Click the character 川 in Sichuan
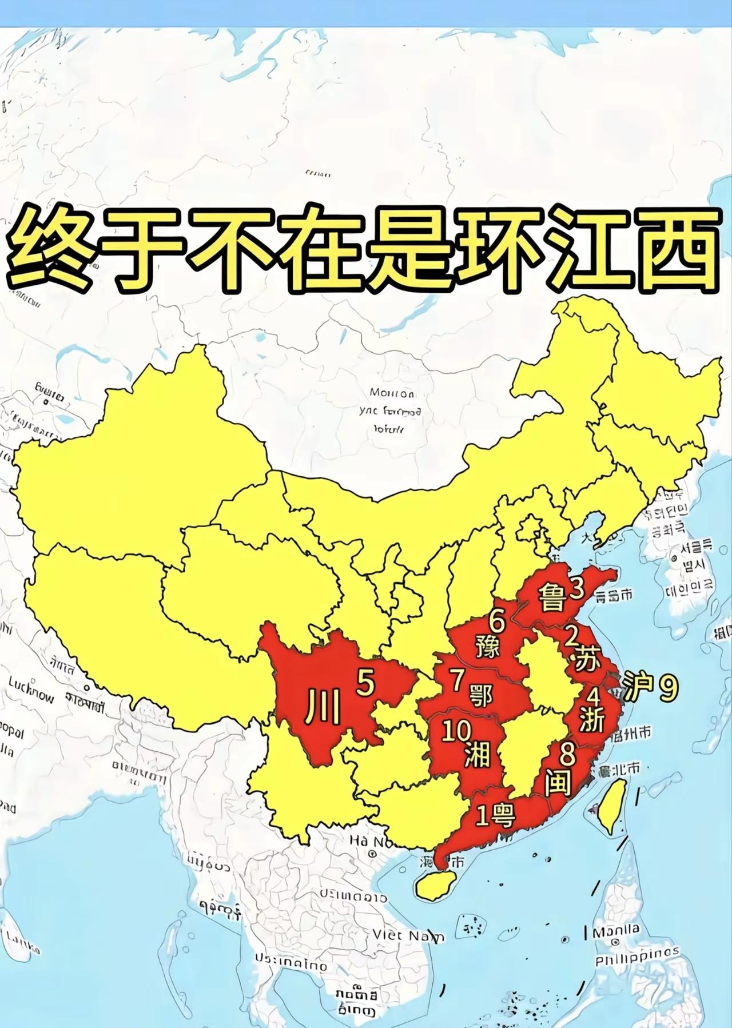click(324, 707)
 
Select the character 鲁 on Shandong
click(551, 598)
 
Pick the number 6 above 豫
click(498, 620)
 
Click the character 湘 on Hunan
click(477, 755)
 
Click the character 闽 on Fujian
click(558, 782)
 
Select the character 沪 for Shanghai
click(638, 690)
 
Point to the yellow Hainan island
click(435, 886)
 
